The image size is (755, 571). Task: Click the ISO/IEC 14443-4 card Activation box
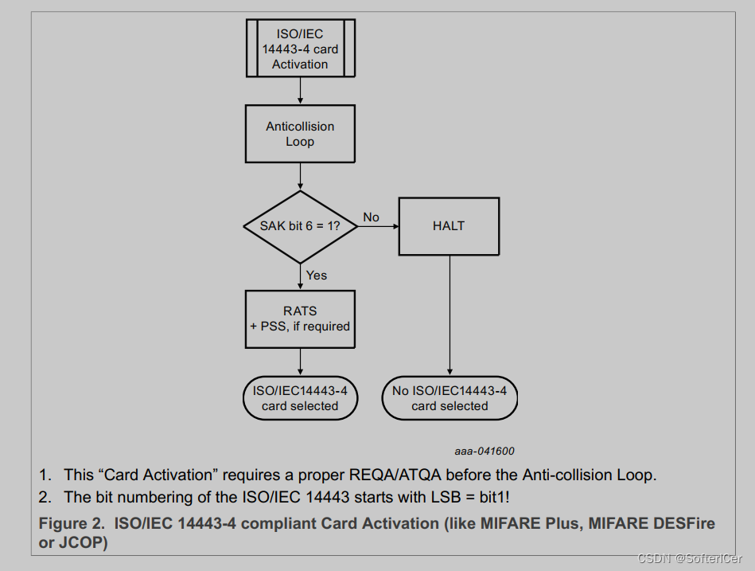coord(300,49)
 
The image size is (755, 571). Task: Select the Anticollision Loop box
coord(300,134)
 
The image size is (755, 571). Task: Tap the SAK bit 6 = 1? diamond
coord(300,226)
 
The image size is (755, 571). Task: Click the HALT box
coord(449,226)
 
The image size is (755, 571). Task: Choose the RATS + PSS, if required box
coord(300,319)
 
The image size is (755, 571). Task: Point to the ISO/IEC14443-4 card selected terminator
coord(300,398)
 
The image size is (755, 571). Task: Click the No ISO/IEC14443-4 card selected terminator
coord(449,398)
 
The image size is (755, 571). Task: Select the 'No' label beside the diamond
coord(371,217)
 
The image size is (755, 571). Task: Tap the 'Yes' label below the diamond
coord(317,275)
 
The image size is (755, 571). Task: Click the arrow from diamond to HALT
coord(378,226)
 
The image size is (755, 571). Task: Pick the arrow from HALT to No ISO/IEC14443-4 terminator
coord(449,315)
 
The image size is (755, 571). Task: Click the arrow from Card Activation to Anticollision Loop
coord(300,91)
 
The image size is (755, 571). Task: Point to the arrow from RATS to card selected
coord(300,362)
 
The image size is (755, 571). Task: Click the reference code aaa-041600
coord(485,451)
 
